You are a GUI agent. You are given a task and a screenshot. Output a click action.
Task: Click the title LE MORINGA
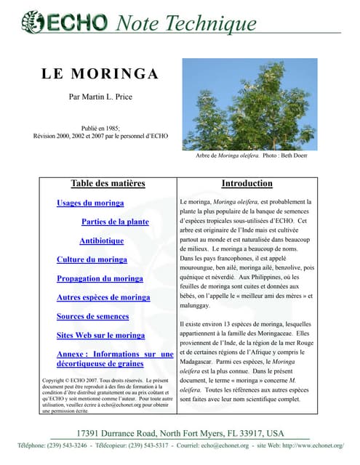pos(100,74)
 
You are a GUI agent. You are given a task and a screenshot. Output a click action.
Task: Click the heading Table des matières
pos(108,183)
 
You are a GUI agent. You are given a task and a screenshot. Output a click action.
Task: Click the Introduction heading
pos(247,183)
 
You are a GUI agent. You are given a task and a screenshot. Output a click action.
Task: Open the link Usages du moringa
pos(90,203)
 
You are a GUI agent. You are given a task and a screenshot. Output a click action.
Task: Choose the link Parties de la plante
pos(115,222)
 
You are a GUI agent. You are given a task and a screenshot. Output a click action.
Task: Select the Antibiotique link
pos(102,240)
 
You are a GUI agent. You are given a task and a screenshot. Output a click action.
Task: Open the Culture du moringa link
pos(92,259)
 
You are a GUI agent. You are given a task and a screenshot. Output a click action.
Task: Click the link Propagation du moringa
pos(100,278)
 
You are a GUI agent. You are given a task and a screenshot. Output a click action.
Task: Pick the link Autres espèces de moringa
pos(103,297)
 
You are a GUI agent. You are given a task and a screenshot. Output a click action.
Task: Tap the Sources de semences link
pos(92,316)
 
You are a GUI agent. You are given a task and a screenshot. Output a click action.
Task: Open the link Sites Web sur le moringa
pos(101,335)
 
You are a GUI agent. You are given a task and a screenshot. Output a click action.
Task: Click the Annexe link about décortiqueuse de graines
pos(115,359)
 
